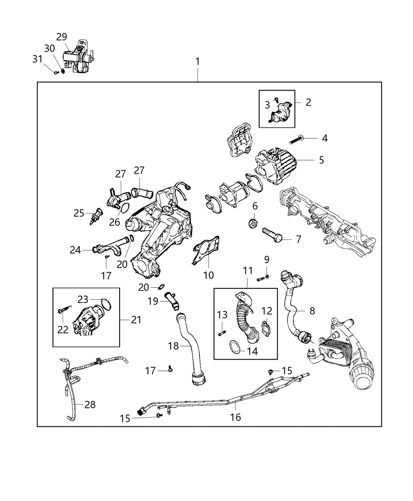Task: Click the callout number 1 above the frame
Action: pos(197,62)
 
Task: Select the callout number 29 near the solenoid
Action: pos(62,37)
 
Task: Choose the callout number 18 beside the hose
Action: pos(173,346)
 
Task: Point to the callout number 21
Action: pos(136,320)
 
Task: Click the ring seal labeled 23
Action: pos(105,304)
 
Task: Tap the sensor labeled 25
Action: pos(95,217)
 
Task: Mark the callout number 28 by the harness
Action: pos(90,404)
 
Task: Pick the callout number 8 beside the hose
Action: pos(312,311)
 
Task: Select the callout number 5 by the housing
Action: pos(321,160)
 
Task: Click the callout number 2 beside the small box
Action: pos(308,102)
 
